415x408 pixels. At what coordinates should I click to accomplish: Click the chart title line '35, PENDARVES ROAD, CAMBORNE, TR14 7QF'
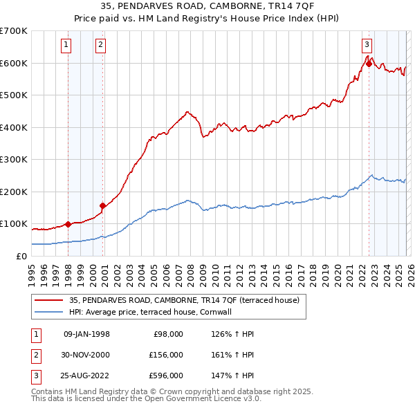[207, 7]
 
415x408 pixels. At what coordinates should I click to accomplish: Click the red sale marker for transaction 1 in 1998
[68, 224]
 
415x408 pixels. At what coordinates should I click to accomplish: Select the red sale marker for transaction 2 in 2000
[103, 205]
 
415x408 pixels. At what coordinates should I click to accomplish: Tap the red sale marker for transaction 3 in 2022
[369, 64]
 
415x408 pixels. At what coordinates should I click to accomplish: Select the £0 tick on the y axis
[21, 256]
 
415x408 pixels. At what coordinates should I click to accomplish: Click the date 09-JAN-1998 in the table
[86, 334]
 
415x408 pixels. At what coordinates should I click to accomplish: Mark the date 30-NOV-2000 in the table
[86, 355]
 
